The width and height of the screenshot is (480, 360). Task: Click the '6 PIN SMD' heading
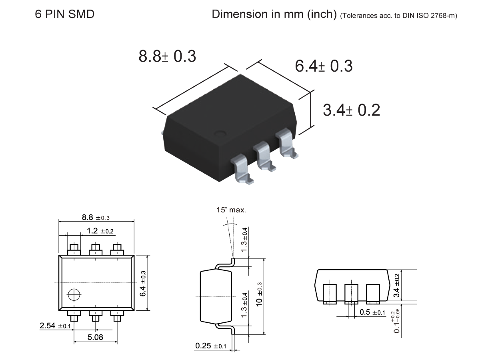click(65, 14)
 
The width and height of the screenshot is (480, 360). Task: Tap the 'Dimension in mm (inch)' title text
click(274, 14)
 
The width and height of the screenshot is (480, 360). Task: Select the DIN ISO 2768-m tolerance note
click(398, 16)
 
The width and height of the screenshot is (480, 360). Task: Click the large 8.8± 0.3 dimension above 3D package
click(167, 56)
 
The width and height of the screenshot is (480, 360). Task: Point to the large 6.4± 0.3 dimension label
click(324, 66)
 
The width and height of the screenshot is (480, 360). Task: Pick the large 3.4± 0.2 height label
click(351, 110)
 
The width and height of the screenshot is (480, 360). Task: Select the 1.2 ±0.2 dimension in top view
click(100, 231)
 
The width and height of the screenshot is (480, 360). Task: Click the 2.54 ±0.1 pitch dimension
click(55, 326)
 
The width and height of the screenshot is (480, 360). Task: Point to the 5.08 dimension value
click(95, 337)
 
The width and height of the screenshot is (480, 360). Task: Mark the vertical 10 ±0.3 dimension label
click(260, 296)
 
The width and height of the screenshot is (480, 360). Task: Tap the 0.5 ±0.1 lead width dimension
click(372, 312)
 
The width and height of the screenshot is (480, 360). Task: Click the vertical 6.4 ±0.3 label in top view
click(143, 283)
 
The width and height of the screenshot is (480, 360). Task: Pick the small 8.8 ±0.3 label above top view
click(96, 218)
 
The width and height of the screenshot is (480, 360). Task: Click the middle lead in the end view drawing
click(350, 294)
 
